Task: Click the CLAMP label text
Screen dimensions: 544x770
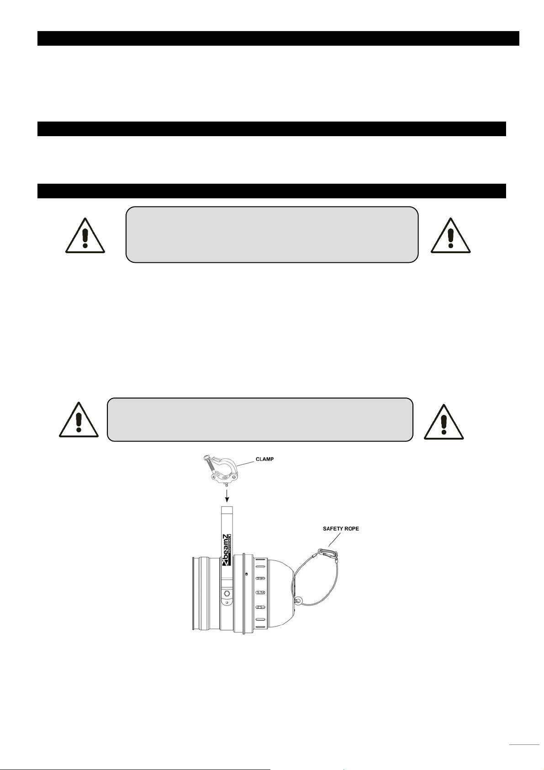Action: tap(264, 459)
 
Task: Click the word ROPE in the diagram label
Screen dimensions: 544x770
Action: tap(352, 529)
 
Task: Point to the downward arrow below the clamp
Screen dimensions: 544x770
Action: tap(227, 494)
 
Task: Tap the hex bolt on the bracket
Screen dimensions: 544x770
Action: tap(227, 594)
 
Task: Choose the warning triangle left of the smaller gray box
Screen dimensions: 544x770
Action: tap(79, 420)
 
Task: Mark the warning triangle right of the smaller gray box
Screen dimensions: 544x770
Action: tap(444, 421)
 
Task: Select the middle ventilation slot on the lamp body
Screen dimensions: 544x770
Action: tap(260, 593)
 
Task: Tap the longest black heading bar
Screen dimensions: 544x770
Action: tap(278, 38)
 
